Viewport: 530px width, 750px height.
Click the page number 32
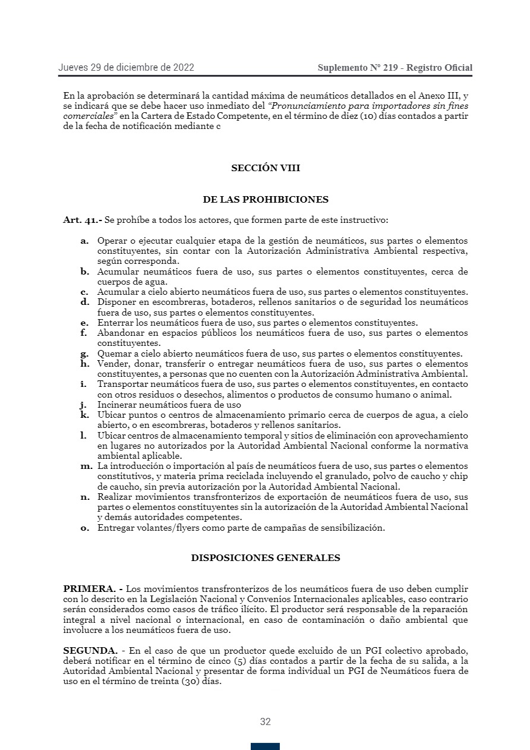coord(265,722)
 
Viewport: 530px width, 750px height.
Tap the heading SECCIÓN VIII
coord(266,168)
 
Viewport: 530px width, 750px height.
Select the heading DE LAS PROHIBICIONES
coord(266,200)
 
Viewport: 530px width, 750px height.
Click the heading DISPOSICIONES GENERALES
coord(266,558)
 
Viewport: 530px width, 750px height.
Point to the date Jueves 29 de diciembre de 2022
coord(126,68)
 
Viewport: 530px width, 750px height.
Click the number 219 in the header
coord(390,68)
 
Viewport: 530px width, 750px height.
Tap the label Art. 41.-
coord(83,220)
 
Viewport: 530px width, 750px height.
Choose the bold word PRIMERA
coord(89,589)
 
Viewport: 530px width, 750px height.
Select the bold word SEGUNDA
coord(90,651)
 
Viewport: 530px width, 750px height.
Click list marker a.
coord(85,241)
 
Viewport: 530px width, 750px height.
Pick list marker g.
coord(85,354)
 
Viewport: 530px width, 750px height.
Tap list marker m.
coord(86,466)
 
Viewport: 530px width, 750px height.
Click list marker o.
coord(85,528)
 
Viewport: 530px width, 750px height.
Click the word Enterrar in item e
coord(115,323)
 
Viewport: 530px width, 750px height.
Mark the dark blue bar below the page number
coord(265,746)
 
